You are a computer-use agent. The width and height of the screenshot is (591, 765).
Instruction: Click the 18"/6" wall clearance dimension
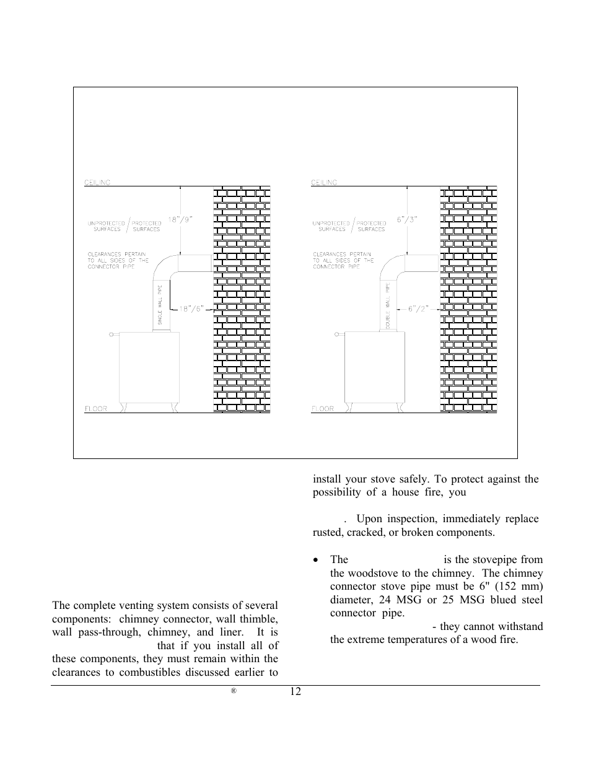point(192,307)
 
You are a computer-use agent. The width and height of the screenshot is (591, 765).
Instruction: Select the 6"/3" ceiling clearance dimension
point(408,219)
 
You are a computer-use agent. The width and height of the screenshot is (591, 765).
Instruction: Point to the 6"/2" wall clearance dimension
point(419,307)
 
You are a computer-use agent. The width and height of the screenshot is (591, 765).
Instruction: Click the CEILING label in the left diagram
point(98,182)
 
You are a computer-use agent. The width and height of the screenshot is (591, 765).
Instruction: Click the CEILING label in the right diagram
point(325,182)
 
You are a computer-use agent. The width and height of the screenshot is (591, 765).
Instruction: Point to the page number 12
point(295,692)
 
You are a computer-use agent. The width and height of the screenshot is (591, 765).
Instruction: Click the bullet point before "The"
point(316,560)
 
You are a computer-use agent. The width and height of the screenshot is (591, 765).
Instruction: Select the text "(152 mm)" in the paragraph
point(522,587)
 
